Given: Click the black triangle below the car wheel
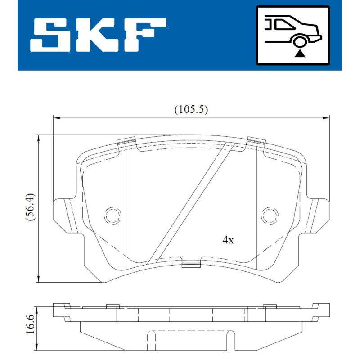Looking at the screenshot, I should tap(300, 54).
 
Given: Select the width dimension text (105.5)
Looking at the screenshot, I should tap(191, 109).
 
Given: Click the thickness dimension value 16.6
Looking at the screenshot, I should tap(30, 324).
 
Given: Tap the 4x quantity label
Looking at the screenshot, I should tap(229, 240).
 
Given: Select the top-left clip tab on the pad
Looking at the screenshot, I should tap(126, 143).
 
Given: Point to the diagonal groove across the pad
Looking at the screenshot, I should tap(189, 202).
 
